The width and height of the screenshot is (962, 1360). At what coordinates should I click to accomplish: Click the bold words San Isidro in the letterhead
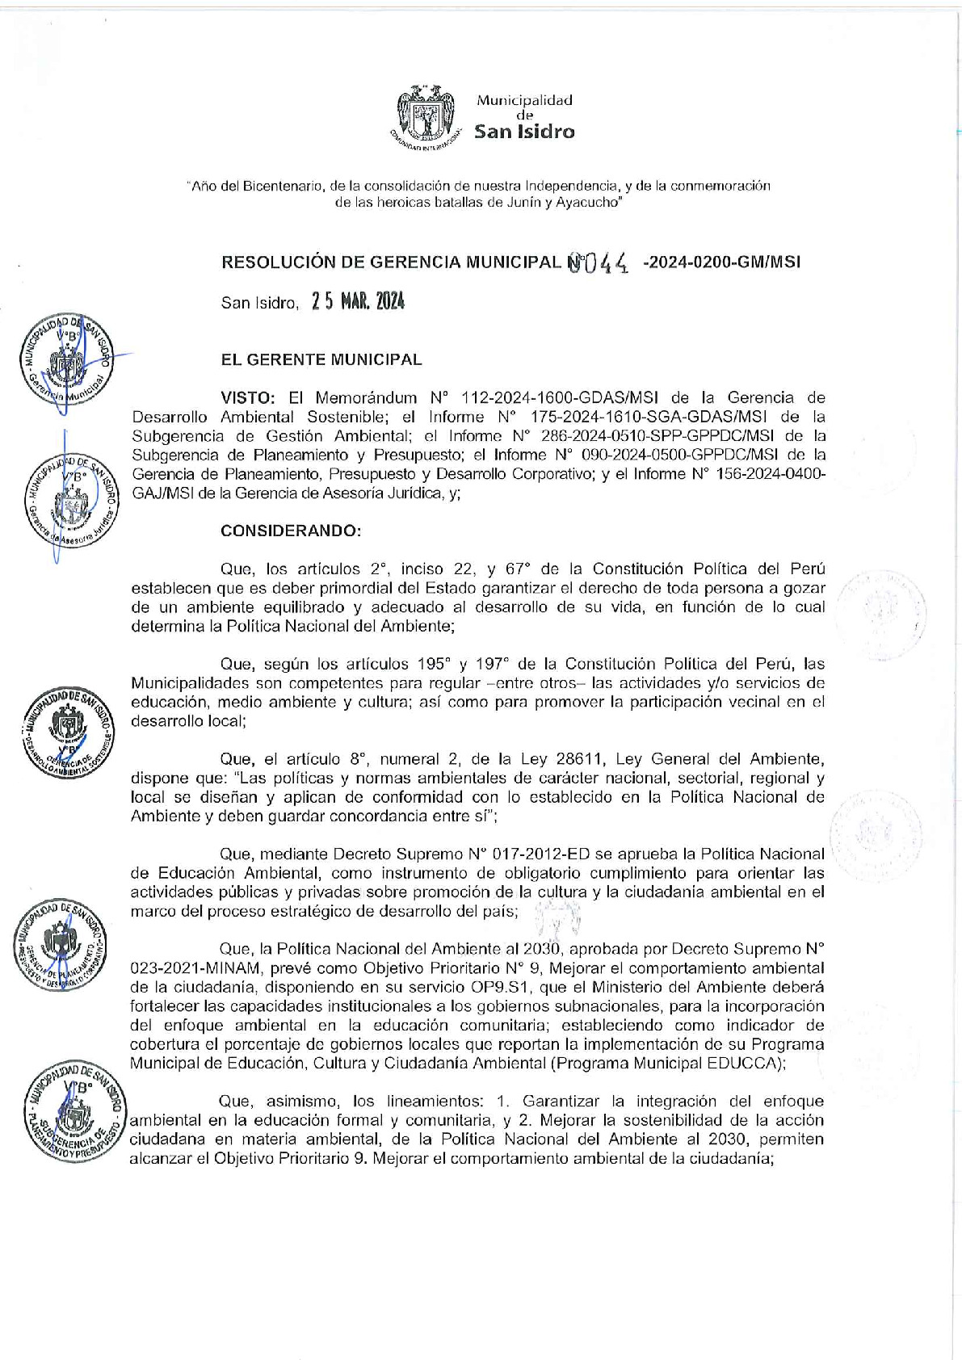524,132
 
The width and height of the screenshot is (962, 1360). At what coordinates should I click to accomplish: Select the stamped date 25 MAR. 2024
358,302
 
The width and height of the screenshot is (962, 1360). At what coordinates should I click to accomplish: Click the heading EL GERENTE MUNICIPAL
321,360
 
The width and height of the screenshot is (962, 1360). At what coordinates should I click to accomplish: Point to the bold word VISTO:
249,397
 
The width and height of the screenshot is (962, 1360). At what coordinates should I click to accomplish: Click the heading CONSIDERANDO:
291,531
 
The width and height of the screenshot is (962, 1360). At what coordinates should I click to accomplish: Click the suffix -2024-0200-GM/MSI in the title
721,262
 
